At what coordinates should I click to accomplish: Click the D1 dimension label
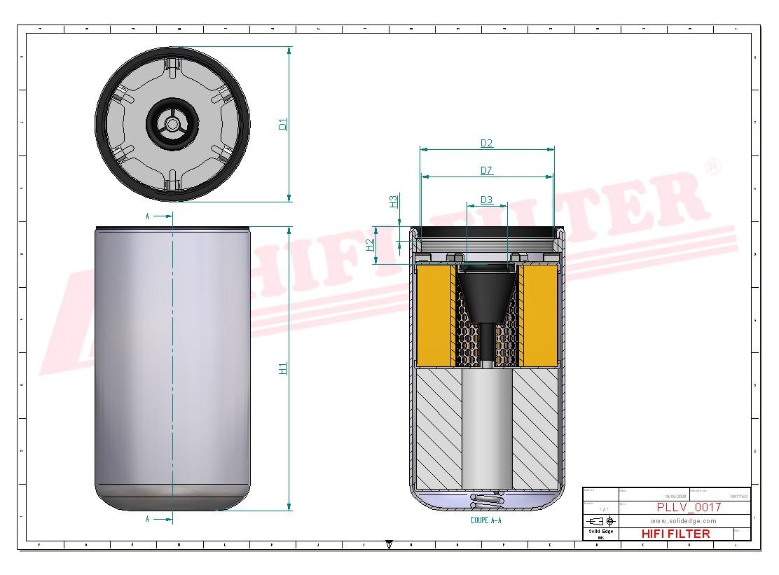point(283,124)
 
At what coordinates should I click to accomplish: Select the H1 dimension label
point(283,368)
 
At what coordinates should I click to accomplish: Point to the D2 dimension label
point(486,144)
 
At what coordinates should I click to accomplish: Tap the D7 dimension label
point(486,170)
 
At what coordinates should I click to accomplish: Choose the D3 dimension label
point(486,200)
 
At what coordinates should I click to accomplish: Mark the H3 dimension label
point(394,201)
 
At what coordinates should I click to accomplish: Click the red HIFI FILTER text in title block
point(675,534)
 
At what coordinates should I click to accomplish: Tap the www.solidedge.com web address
point(683,521)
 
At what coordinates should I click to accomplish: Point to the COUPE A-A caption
point(486,521)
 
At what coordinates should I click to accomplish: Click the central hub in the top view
point(172,124)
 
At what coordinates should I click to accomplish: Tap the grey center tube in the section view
point(486,427)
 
